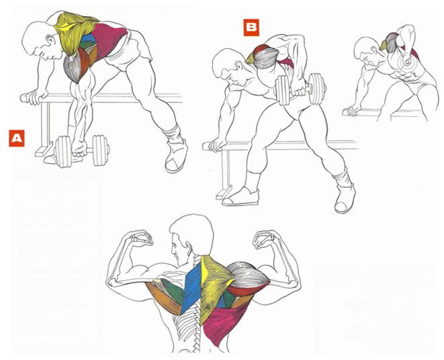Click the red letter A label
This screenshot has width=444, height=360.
pyautogui.click(x=17, y=138)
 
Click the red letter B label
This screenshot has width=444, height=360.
pyautogui.click(x=251, y=28)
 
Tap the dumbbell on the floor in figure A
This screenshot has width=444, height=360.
pyautogui.click(x=81, y=150)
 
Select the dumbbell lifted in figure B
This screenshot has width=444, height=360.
pyautogui.click(x=300, y=89)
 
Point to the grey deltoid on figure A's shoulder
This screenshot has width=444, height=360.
pyautogui.click(x=73, y=68)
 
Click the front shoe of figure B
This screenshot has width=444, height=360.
pyautogui.click(x=240, y=197)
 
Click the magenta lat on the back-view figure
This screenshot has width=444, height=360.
pyautogui.click(x=224, y=323)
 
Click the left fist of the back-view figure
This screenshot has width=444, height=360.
pyautogui.click(x=140, y=238)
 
